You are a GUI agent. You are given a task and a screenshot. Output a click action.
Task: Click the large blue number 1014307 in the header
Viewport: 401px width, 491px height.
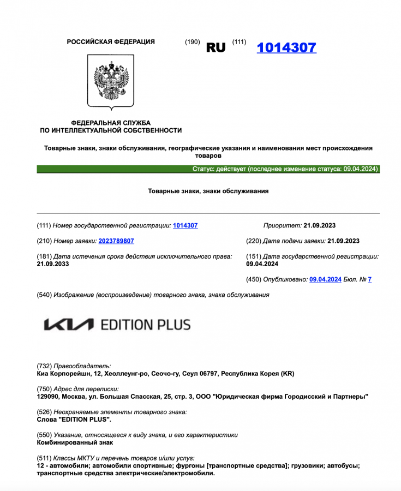pyautogui.click(x=286, y=47)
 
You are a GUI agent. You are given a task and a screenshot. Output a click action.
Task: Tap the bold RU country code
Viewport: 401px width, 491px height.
pyautogui.click(x=216, y=47)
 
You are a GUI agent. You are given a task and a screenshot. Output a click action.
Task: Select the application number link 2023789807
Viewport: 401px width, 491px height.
pyautogui.click(x=116, y=241)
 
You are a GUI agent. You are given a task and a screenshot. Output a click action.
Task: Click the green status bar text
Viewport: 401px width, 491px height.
pyautogui.click(x=285, y=169)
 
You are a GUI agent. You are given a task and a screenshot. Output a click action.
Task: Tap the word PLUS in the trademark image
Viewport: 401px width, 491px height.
pyautogui.click(x=173, y=325)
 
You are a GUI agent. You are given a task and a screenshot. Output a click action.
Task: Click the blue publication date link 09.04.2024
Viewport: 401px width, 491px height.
pyautogui.click(x=325, y=279)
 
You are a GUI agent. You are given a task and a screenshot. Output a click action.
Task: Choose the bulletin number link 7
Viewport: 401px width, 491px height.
pyautogui.click(x=370, y=279)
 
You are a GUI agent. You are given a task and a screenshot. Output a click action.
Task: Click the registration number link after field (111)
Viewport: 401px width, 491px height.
pyautogui.click(x=185, y=225)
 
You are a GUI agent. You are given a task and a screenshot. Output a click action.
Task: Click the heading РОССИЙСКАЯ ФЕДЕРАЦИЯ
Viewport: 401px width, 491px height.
pyautogui.click(x=111, y=42)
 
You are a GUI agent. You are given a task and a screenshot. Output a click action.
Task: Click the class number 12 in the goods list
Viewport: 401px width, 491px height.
pyautogui.click(x=40, y=466)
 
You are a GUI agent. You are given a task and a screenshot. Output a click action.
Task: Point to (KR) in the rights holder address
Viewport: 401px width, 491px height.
pyautogui.click(x=287, y=374)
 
